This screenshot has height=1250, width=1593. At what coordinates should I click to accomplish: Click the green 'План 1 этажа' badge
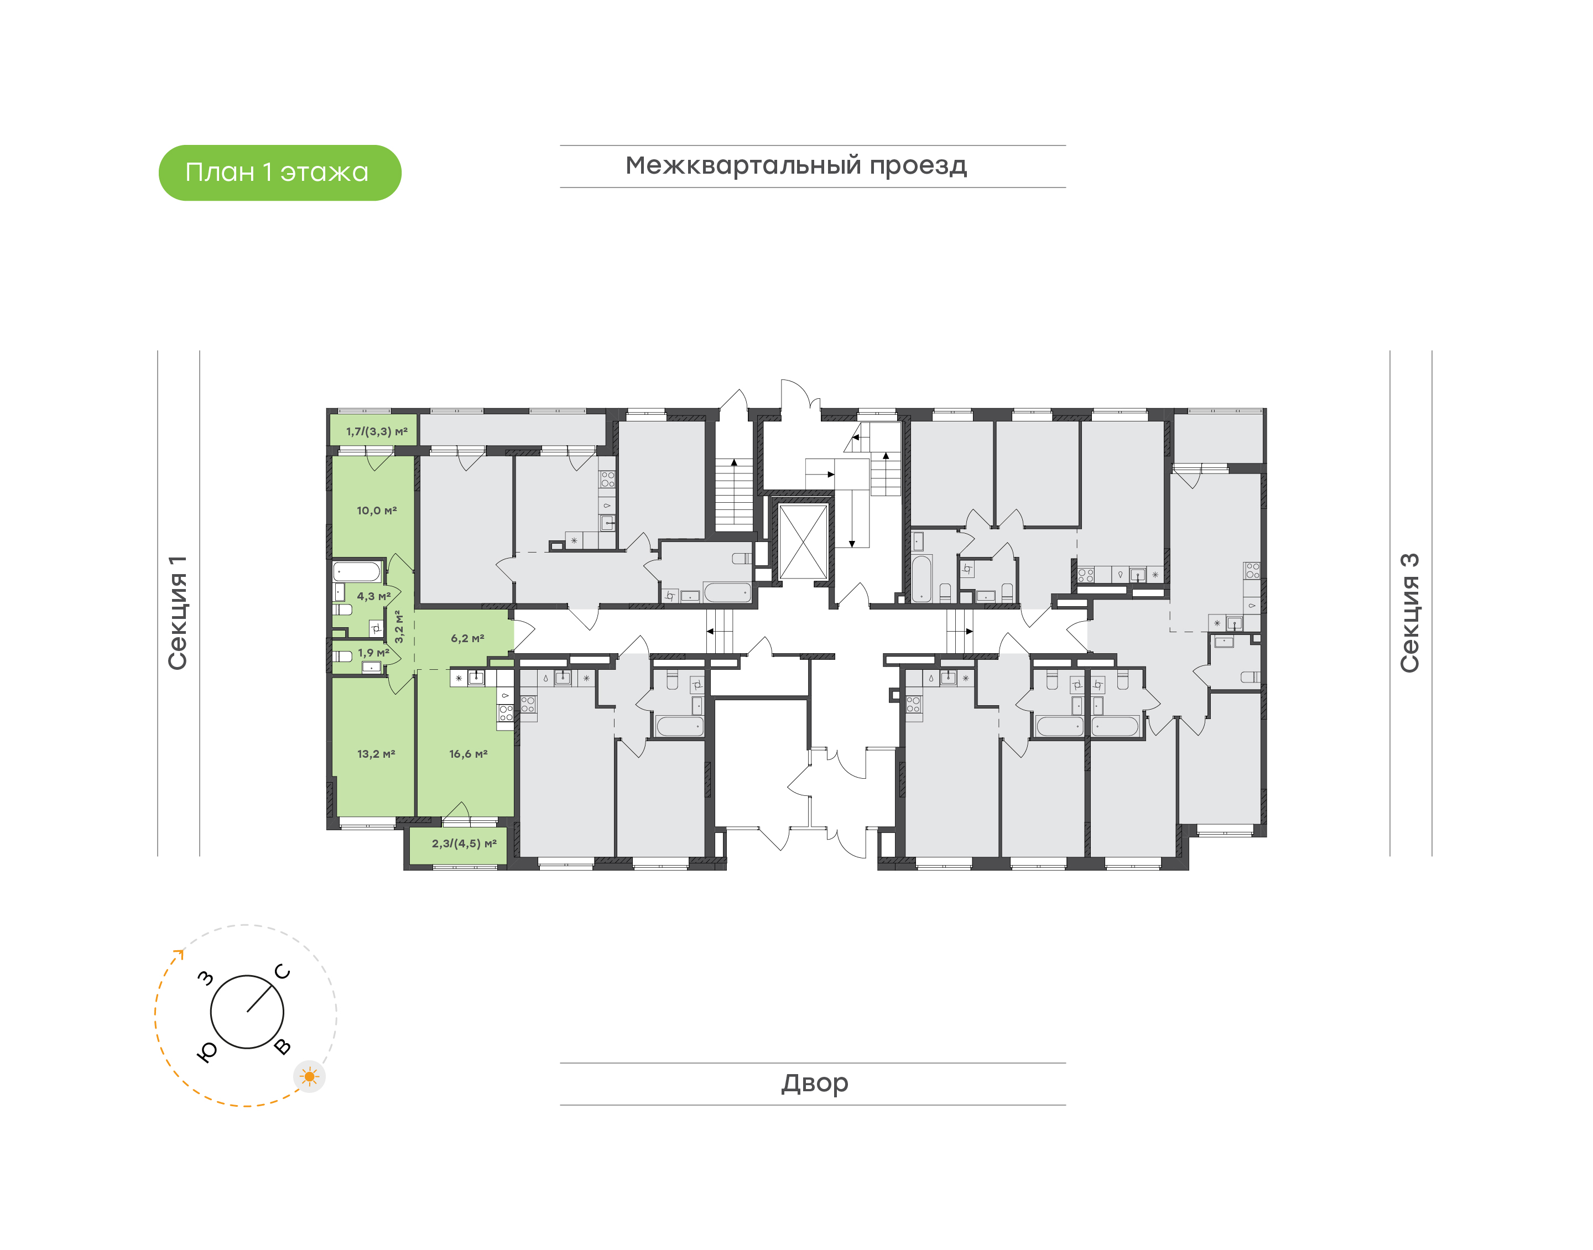coord(279,173)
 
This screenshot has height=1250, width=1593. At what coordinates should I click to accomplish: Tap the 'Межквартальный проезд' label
coord(795,166)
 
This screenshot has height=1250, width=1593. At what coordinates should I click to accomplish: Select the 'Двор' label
coord(814,1083)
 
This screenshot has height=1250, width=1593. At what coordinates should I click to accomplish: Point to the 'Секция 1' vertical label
coord(178,613)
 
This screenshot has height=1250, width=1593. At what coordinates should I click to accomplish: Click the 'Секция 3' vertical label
coord(1409,613)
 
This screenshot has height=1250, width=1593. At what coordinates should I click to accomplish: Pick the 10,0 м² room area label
coord(377,511)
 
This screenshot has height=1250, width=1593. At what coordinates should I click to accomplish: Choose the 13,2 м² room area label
coord(376,754)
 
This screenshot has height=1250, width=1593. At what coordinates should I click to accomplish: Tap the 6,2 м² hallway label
coord(467,638)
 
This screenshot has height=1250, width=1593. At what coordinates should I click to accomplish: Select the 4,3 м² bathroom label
coord(373,596)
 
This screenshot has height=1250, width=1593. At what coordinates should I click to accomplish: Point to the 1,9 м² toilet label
coord(373,653)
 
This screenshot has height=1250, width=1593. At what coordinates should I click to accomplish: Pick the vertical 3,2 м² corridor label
coord(399,627)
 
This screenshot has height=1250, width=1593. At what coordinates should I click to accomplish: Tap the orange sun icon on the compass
coord(310,1076)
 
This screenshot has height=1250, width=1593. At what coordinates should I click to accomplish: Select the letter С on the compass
coord(283,972)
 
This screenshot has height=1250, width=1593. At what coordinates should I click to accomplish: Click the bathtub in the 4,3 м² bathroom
coord(357,571)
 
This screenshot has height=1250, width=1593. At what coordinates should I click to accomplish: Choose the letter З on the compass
coord(206,978)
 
